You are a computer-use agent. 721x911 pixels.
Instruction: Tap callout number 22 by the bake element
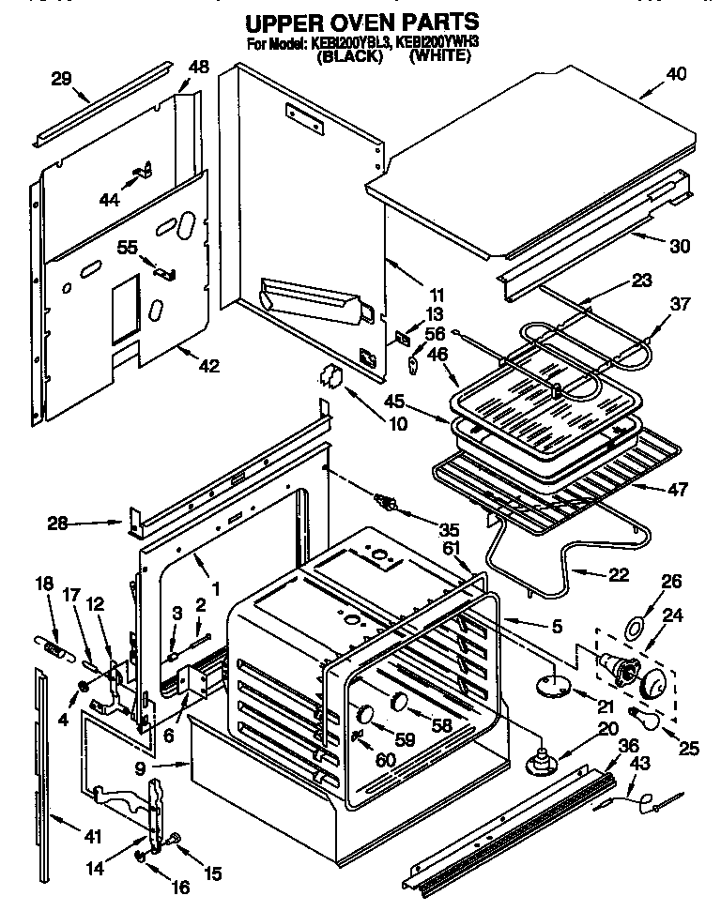pos(618,576)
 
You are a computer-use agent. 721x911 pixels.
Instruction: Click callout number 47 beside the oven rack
pos(677,490)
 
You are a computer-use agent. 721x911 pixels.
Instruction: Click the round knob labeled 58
pos(400,701)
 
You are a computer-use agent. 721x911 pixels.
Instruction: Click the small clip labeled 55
pos(164,273)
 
